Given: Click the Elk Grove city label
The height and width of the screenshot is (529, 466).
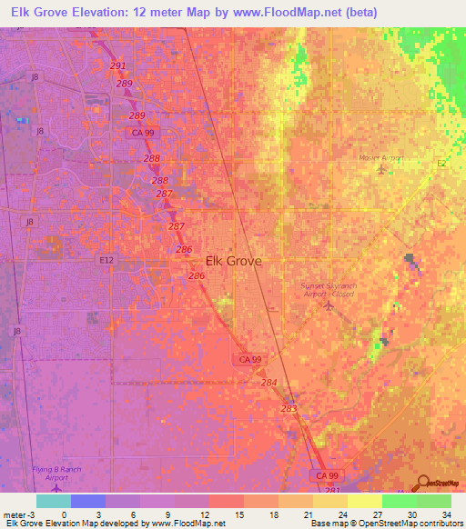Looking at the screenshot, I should pos(234,261).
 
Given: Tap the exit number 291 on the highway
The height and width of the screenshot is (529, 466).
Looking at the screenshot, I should pos(118,66).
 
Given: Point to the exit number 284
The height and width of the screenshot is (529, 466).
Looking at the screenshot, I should pos(268,383).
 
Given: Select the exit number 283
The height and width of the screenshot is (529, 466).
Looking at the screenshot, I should pos(289,409).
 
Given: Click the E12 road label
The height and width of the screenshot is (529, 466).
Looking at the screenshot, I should pos(107,260).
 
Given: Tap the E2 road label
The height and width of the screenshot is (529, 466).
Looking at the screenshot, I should pos(441,164).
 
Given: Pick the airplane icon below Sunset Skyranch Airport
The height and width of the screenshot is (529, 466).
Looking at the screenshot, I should pos(329,305).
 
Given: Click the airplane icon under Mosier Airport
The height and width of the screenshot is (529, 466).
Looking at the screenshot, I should pos(380,170).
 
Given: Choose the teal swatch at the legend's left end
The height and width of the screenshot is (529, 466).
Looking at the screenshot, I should pos(53,501).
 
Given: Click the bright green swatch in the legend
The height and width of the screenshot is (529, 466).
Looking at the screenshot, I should pos(400,501).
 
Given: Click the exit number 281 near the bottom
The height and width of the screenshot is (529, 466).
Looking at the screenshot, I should pos(332,491).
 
